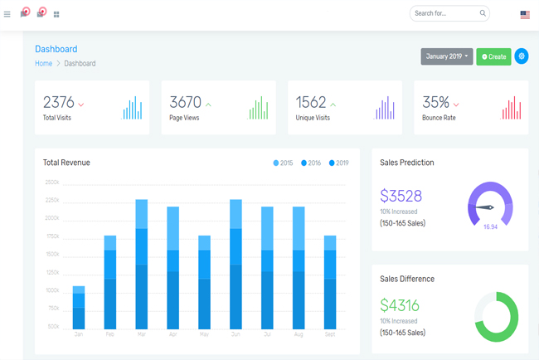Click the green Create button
point(493,56)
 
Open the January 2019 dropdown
point(446,56)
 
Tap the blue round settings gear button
point(521,56)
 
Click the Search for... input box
point(444,13)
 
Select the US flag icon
point(525,14)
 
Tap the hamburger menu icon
point(7,14)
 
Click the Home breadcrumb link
point(43,64)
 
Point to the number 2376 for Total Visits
point(59,102)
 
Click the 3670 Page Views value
point(185,102)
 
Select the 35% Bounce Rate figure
point(435,102)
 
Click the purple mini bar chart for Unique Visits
point(385,109)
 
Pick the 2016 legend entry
point(311,163)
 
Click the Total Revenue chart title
point(66,163)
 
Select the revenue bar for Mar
point(142,264)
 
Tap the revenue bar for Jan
point(79,307)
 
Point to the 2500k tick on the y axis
point(52,182)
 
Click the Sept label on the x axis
point(330,334)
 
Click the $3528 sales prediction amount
point(401,197)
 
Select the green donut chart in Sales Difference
point(496,316)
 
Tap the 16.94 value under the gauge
point(490,226)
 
